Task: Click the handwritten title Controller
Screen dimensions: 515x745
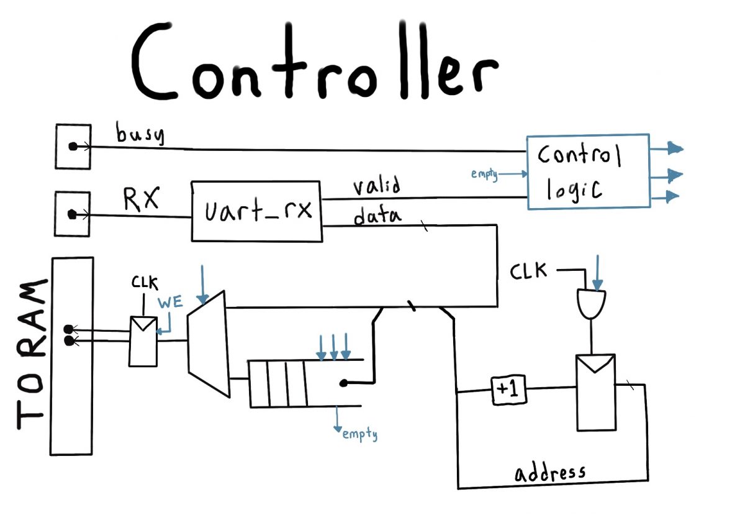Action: [314, 62]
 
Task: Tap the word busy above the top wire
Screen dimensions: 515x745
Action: [140, 134]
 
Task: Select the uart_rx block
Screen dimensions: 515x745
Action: [256, 211]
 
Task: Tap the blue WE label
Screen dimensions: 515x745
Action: [171, 304]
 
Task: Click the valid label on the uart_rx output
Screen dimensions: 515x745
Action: [376, 186]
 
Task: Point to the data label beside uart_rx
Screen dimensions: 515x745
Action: [377, 216]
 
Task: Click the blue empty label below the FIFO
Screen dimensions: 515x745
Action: [359, 434]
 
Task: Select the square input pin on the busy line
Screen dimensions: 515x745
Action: [73, 147]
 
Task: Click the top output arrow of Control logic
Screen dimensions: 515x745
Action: [667, 148]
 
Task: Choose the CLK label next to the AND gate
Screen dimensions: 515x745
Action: [529, 271]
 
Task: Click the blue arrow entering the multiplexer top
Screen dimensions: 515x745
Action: [202, 282]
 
